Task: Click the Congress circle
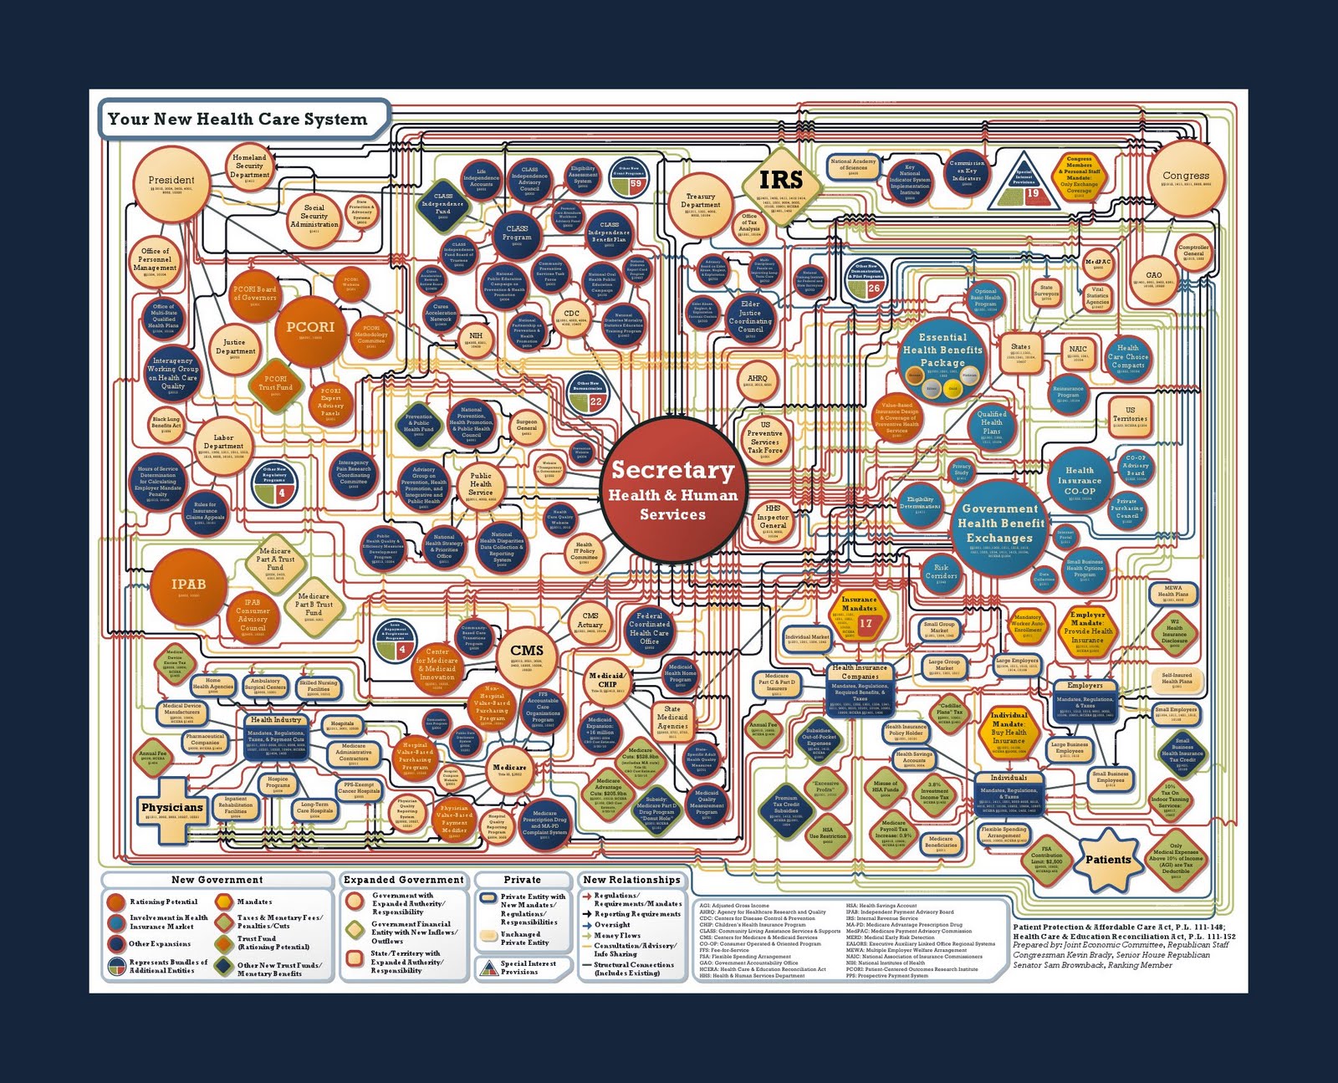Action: (x=1186, y=179)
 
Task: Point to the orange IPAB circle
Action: (x=188, y=585)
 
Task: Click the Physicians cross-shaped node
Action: (x=172, y=808)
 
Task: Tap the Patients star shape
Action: (x=1108, y=859)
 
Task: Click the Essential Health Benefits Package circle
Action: (x=942, y=357)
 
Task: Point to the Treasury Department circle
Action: (x=701, y=204)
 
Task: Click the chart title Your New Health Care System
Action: (x=238, y=120)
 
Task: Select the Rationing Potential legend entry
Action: (x=163, y=902)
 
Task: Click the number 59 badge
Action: (x=636, y=184)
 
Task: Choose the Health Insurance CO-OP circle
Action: (x=1079, y=483)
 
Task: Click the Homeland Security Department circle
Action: (x=250, y=166)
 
